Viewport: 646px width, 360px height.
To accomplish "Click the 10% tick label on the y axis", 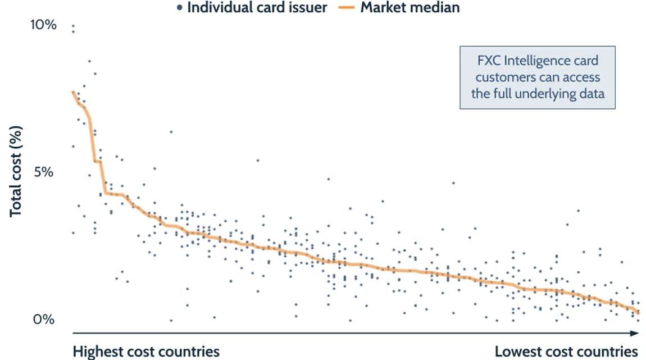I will (44, 25).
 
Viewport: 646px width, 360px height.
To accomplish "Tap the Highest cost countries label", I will (146, 352).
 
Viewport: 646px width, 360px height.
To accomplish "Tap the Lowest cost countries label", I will (566, 352).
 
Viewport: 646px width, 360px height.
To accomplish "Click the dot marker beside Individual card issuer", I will (179, 8).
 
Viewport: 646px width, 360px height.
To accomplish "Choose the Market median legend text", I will (410, 8).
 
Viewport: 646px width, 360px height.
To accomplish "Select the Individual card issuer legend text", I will (257, 8).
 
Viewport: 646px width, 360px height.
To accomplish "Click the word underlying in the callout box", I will (552, 93).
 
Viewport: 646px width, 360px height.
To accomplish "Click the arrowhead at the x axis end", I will (636, 334).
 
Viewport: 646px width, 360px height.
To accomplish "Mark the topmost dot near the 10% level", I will (72, 26).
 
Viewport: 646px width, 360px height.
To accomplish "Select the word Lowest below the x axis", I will (516, 352).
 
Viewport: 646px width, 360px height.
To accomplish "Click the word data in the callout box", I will (592, 93).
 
